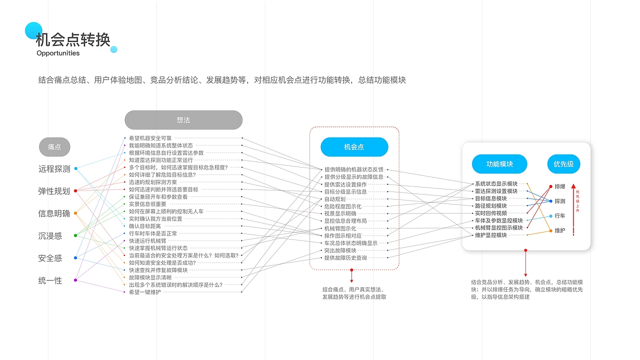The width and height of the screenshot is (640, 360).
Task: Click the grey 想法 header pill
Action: coord(183,120)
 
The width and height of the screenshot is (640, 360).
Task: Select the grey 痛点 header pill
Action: coord(54,147)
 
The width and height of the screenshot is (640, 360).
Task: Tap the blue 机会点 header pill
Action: coord(354,147)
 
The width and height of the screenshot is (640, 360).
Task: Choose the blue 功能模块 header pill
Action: coord(499,164)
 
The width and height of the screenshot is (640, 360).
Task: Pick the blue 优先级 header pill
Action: coord(563,164)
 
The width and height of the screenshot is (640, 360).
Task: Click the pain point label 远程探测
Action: coord(54,169)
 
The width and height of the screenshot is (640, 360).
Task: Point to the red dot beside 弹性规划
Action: coord(75,191)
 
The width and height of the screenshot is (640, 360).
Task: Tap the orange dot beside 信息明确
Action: coord(75,213)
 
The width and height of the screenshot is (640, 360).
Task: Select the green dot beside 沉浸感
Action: coord(75,235)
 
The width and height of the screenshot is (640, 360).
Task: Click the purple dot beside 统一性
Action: coord(75,280)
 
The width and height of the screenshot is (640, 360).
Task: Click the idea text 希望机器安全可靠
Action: coord(150,138)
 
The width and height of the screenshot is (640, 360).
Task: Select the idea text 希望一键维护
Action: coord(145,292)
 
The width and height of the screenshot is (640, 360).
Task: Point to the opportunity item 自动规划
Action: coord(335,199)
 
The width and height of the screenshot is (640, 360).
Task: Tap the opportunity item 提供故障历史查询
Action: coord(345,257)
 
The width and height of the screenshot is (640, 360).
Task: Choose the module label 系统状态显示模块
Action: coord(496,183)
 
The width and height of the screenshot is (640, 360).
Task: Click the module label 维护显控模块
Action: coord(491,235)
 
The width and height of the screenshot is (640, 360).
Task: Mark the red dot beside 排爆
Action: coord(551,186)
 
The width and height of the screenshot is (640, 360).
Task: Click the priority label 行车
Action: coord(560,215)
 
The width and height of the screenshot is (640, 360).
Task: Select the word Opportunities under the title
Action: coord(58,53)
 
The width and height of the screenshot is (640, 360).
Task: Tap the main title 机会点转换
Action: coord(73,39)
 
